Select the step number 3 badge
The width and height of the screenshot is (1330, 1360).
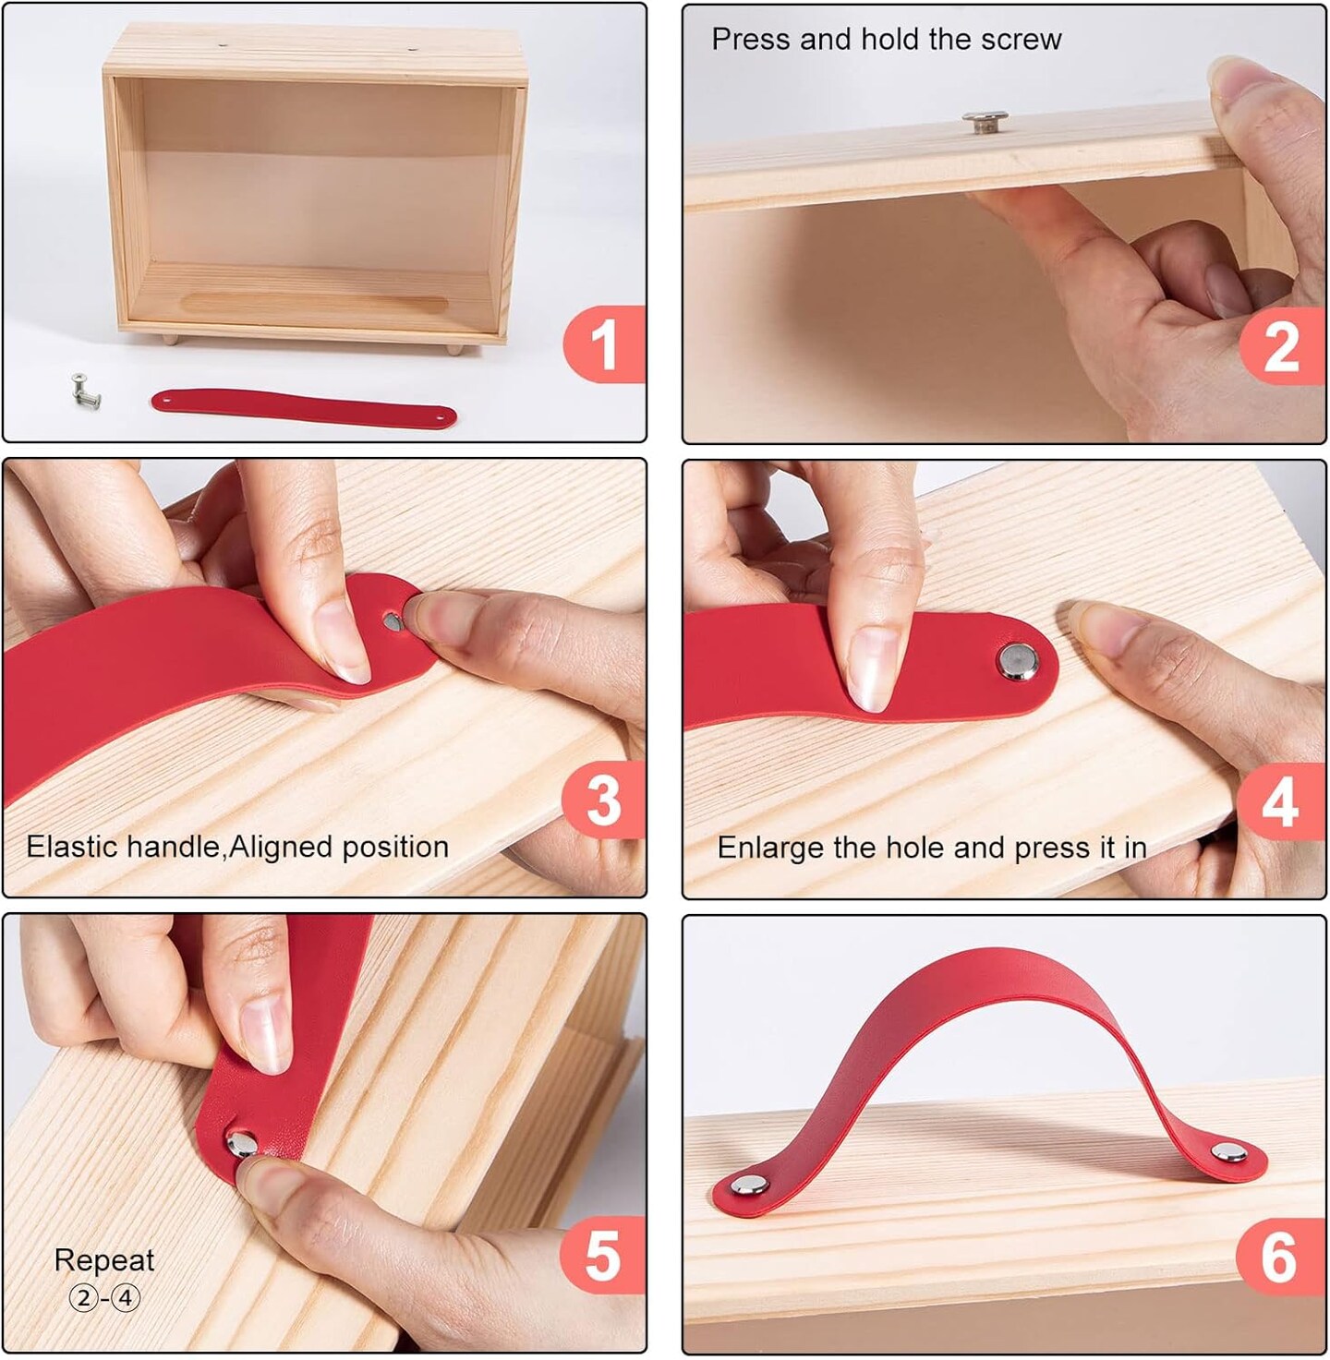pyautogui.click(x=603, y=800)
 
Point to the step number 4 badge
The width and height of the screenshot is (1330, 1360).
pyautogui.click(x=1281, y=801)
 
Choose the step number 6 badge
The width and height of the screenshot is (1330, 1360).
pyautogui.click(x=1281, y=1258)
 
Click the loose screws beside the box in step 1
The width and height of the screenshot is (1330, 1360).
pyautogui.click(x=86, y=391)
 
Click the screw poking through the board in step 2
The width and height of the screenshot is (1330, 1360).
pyautogui.click(x=985, y=121)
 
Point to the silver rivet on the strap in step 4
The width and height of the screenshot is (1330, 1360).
pyautogui.click(x=1017, y=661)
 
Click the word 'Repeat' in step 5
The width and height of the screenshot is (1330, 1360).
pyautogui.click(x=104, y=1261)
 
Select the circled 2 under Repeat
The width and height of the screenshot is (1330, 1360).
pyautogui.click(x=84, y=1298)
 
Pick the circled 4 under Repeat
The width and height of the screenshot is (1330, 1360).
pyautogui.click(x=126, y=1298)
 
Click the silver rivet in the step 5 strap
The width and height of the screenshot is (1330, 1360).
pyautogui.click(x=242, y=1144)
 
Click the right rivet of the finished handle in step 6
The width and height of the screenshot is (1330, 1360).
pyautogui.click(x=1228, y=1151)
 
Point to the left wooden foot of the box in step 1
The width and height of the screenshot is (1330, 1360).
pyautogui.click(x=170, y=340)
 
